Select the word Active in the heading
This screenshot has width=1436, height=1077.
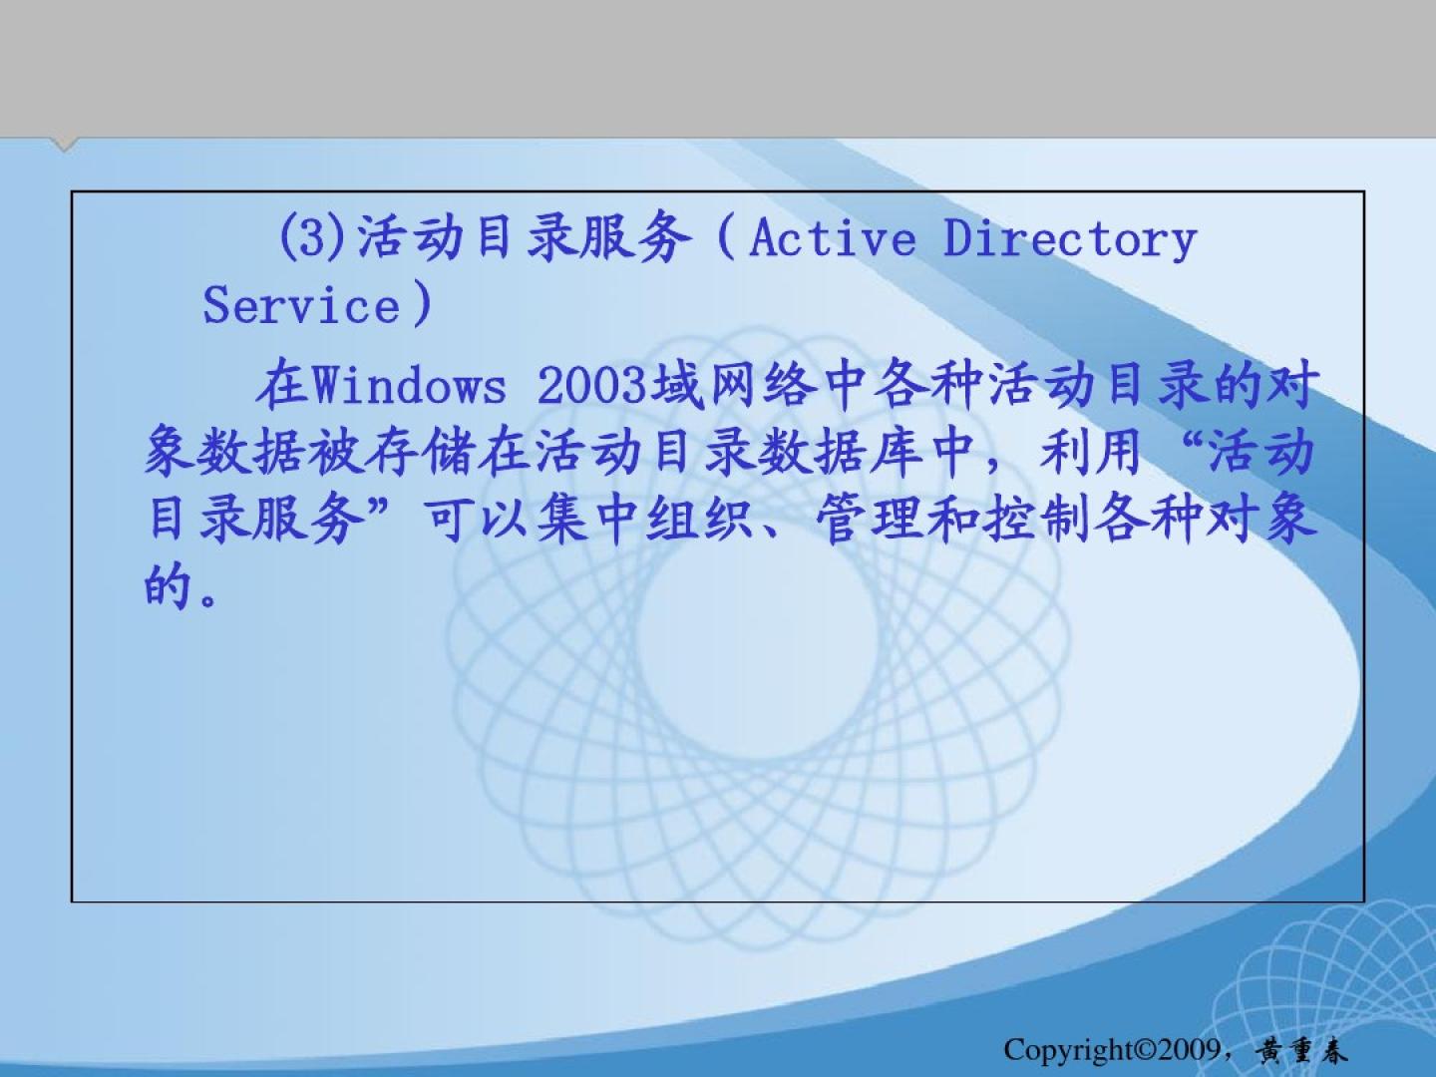832,237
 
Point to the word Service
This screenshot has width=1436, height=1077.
301,305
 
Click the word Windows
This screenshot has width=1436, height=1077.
409,385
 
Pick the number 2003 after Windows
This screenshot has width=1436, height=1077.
591,385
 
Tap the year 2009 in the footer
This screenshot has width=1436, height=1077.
1188,1049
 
